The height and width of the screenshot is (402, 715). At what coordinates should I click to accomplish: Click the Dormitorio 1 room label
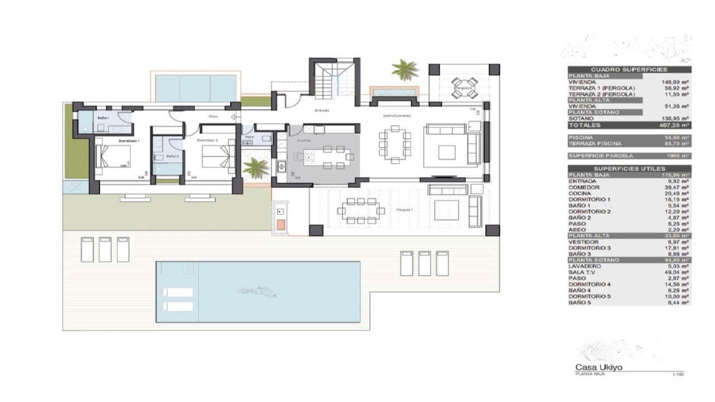[128, 141]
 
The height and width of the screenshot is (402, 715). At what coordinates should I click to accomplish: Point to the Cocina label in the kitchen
[304, 141]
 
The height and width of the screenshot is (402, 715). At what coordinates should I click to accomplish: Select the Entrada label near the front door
[322, 111]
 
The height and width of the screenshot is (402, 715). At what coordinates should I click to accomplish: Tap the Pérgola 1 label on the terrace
[404, 210]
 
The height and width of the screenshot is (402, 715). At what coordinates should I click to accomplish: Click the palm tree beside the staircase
[405, 70]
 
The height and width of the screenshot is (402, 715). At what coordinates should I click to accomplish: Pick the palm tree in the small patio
[257, 167]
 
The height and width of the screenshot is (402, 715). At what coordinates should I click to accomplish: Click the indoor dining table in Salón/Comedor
[395, 144]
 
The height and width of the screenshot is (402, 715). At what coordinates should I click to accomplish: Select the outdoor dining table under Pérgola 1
[361, 211]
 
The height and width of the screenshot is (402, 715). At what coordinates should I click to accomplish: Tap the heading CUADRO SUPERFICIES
[629, 69]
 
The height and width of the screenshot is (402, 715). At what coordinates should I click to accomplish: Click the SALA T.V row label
[584, 272]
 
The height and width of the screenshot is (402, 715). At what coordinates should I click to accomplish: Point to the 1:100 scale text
[679, 374]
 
